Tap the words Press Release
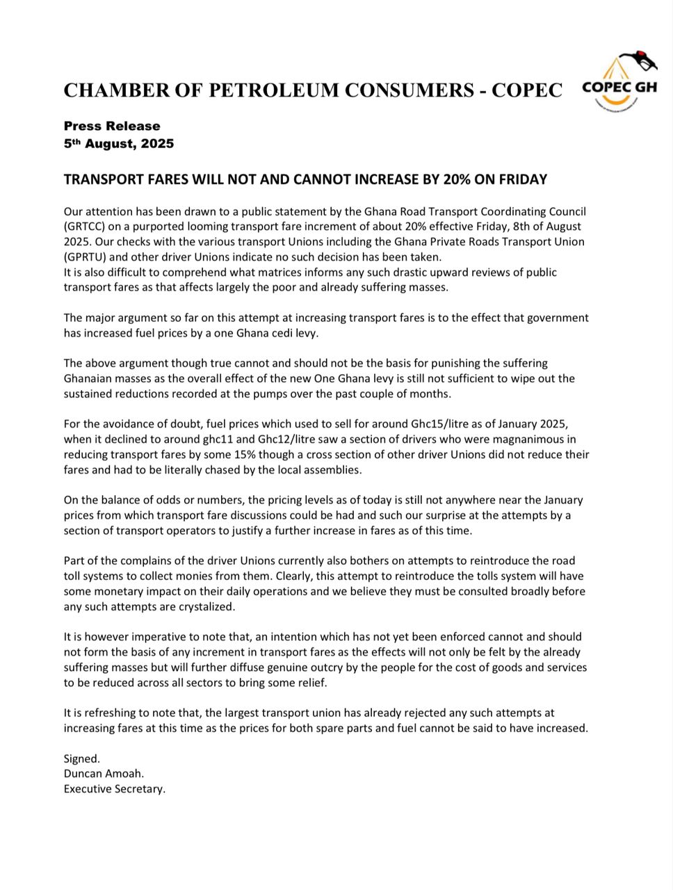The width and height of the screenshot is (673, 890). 112,126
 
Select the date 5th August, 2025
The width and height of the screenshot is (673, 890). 119,144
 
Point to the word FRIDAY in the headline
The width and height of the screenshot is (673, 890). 523,179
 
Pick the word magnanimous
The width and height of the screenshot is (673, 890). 524,439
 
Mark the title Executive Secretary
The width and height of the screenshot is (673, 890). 115,789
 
